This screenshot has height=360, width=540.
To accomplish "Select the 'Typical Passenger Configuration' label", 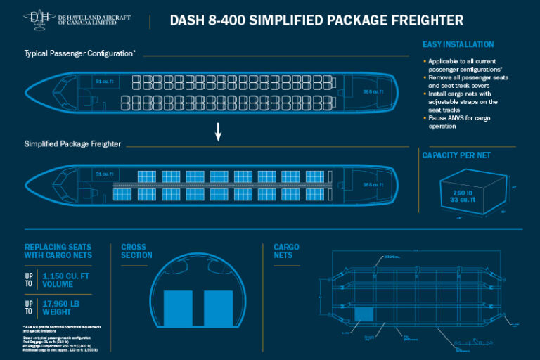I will tap(79, 53).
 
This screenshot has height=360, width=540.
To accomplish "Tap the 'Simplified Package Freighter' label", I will tap(72, 143).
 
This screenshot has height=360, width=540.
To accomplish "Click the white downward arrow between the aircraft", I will tap(219, 131).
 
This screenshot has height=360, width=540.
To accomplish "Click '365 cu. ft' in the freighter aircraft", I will tap(373, 185).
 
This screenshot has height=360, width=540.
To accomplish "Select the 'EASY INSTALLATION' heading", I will tap(458, 44).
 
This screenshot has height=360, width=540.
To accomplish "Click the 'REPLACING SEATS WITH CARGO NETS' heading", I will tap(58, 251).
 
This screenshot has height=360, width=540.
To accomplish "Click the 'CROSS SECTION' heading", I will tap(136, 251).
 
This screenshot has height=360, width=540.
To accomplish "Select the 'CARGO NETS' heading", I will tap(286, 251).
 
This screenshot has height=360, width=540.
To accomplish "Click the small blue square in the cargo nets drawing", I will tap(363, 316).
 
